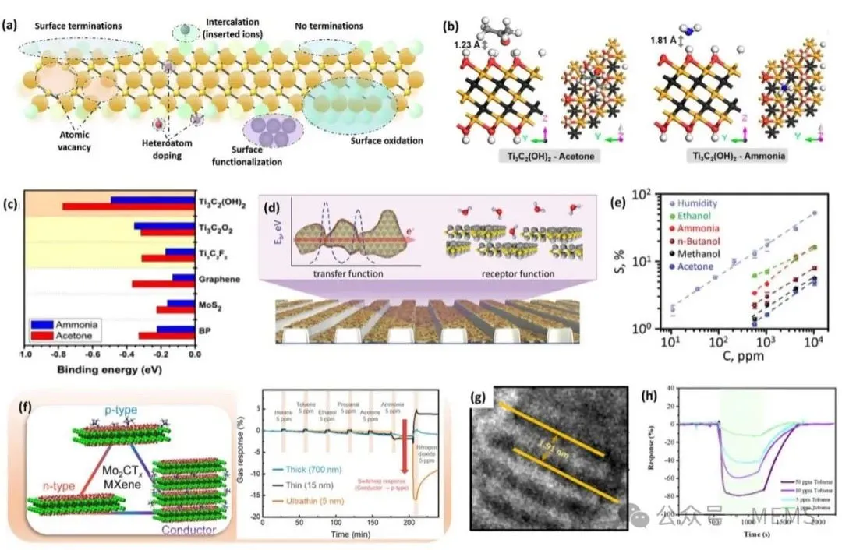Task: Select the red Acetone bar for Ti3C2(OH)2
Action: tap(128, 206)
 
